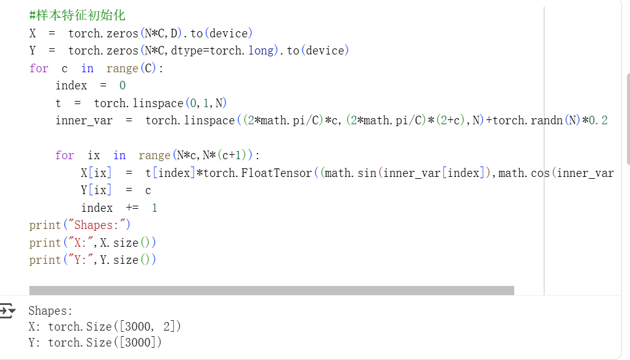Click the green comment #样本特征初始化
[x=77, y=15]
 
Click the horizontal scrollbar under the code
[x=271, y=290]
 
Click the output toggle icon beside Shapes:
[x=8, y=311]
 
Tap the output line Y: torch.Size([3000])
[x=95, y=343]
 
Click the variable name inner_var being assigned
[x=84, y=121]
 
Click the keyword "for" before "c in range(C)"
[x=39, y=68]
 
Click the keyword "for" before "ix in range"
[x=64, y=156]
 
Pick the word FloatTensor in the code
[x=277, y=173]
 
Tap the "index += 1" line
[x=119, y=208]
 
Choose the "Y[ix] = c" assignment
[x=116, y=190]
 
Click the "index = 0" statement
[x=90, y=86]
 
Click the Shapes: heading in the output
[x=50, y=311]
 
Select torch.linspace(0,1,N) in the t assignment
[x=160, y=103]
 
